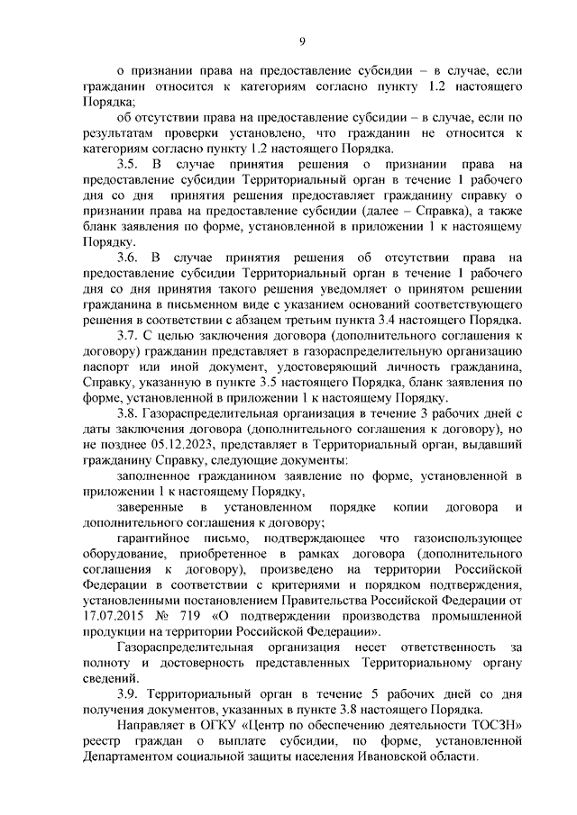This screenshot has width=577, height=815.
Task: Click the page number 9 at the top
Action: [302, 40]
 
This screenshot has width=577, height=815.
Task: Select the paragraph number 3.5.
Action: [127, 165]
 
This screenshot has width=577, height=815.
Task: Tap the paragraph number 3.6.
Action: [127, 258]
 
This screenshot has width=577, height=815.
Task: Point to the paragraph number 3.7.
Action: [127, 337]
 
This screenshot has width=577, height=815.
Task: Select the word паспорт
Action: [105, 368]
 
